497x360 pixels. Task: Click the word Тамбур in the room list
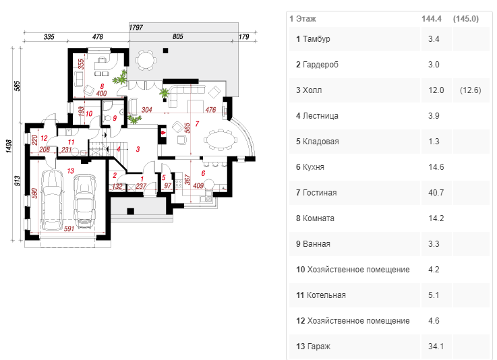point(316,39)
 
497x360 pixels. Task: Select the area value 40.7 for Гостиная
point(434,193)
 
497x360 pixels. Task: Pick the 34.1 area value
point(434,347)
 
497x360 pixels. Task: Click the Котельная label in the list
point(326,295)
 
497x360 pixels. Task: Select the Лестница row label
point(320,116)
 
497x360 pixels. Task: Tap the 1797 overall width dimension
point(136,28)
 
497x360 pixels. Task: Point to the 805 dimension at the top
point(178,37)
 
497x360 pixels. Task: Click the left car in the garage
point(50,199)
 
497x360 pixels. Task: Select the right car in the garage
point(85,200)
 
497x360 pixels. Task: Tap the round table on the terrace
point(147,59)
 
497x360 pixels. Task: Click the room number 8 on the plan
point(101,86)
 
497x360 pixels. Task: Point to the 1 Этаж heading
point(302,19)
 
